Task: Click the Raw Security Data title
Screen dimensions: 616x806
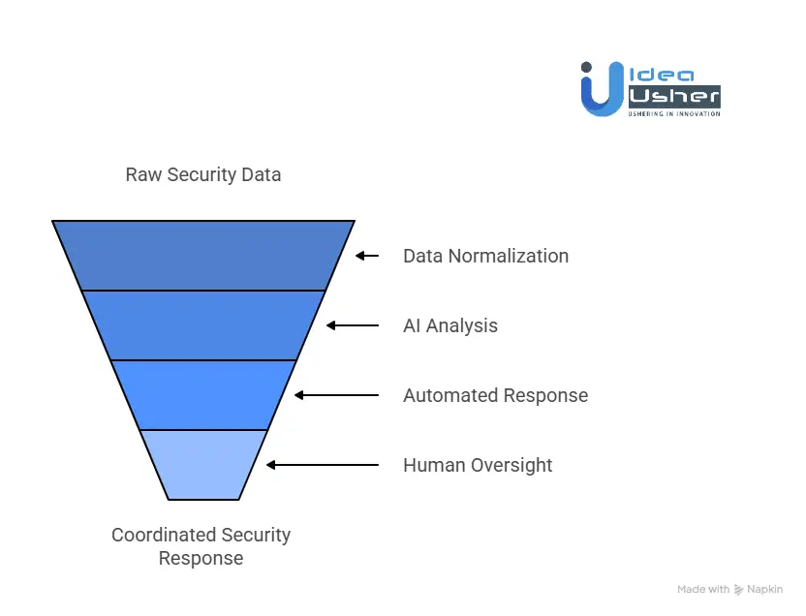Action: (203, 175)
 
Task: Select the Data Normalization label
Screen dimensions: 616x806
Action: (485, 256)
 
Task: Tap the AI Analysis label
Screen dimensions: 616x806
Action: (449, 325)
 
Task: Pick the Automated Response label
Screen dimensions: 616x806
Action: (495, 395)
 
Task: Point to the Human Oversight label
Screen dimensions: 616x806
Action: (478, 465)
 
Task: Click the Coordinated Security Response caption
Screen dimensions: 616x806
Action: (201, 546)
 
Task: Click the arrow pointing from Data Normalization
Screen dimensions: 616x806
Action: (367, 256)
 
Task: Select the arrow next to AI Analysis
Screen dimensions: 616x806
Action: (353, 325)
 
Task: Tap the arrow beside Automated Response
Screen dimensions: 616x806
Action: (336, 395)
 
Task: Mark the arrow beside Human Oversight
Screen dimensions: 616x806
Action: (323, 465)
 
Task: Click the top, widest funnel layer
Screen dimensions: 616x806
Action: (203, 255)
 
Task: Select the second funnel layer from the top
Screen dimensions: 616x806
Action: (203, 324)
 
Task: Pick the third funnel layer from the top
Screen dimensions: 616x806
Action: (203, 394)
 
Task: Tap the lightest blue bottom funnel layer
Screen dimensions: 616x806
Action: (203, 464)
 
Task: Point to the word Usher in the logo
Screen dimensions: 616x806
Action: (675, 96)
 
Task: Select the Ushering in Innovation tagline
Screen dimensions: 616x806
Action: (675, 113)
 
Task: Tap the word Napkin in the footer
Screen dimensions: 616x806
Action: (765, 589)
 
